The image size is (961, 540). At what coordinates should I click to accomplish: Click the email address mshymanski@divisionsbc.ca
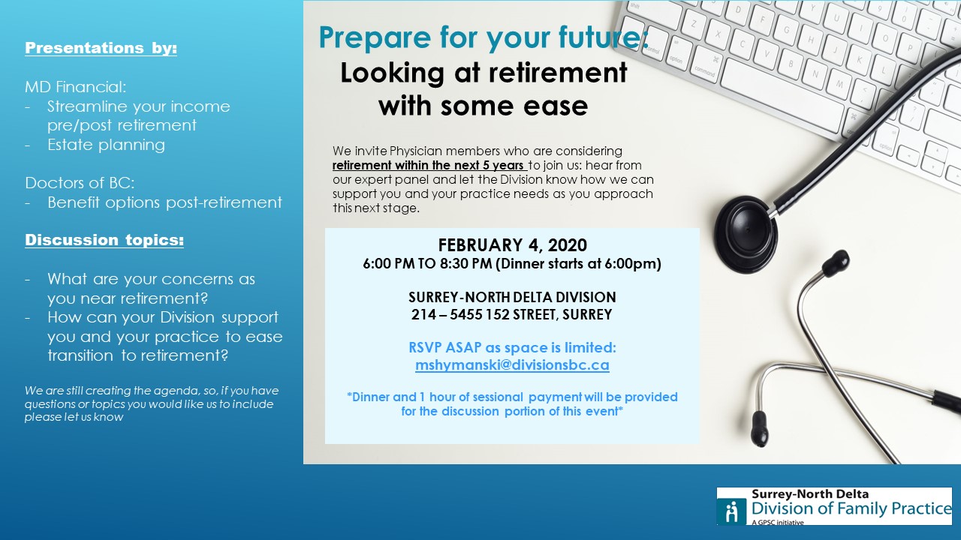point(512,365)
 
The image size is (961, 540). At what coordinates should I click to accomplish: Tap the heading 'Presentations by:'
point(101,48)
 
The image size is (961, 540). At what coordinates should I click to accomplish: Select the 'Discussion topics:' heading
point(104,240)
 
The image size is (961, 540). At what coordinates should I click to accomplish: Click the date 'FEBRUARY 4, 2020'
point(512,245)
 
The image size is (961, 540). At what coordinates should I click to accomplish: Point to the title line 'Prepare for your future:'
point(484,38)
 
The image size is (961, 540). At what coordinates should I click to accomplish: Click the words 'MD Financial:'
point(76,87)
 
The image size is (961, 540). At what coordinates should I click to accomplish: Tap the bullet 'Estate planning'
point(106,145)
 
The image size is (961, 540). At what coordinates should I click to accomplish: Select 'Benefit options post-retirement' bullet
point(164,202)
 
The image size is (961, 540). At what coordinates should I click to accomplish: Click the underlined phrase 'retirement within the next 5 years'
point(429,165)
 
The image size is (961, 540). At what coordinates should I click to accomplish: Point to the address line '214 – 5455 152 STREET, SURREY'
point(512,315)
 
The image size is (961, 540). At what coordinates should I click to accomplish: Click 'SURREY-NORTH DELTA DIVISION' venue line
point(512,297)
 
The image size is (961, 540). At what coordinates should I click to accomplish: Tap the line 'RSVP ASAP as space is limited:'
point(512,348)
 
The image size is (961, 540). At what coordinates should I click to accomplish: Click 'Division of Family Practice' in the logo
point(851,509)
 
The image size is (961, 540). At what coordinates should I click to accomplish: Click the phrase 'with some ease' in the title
point(483,106)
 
